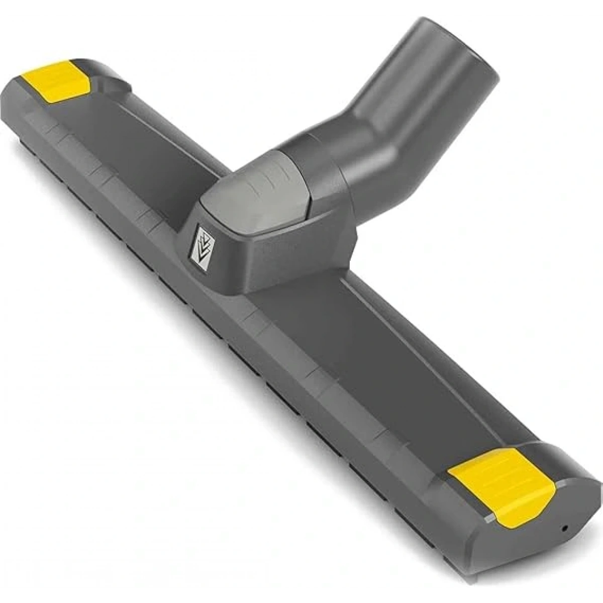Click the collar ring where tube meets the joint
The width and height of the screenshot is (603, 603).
tap(327, 166)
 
